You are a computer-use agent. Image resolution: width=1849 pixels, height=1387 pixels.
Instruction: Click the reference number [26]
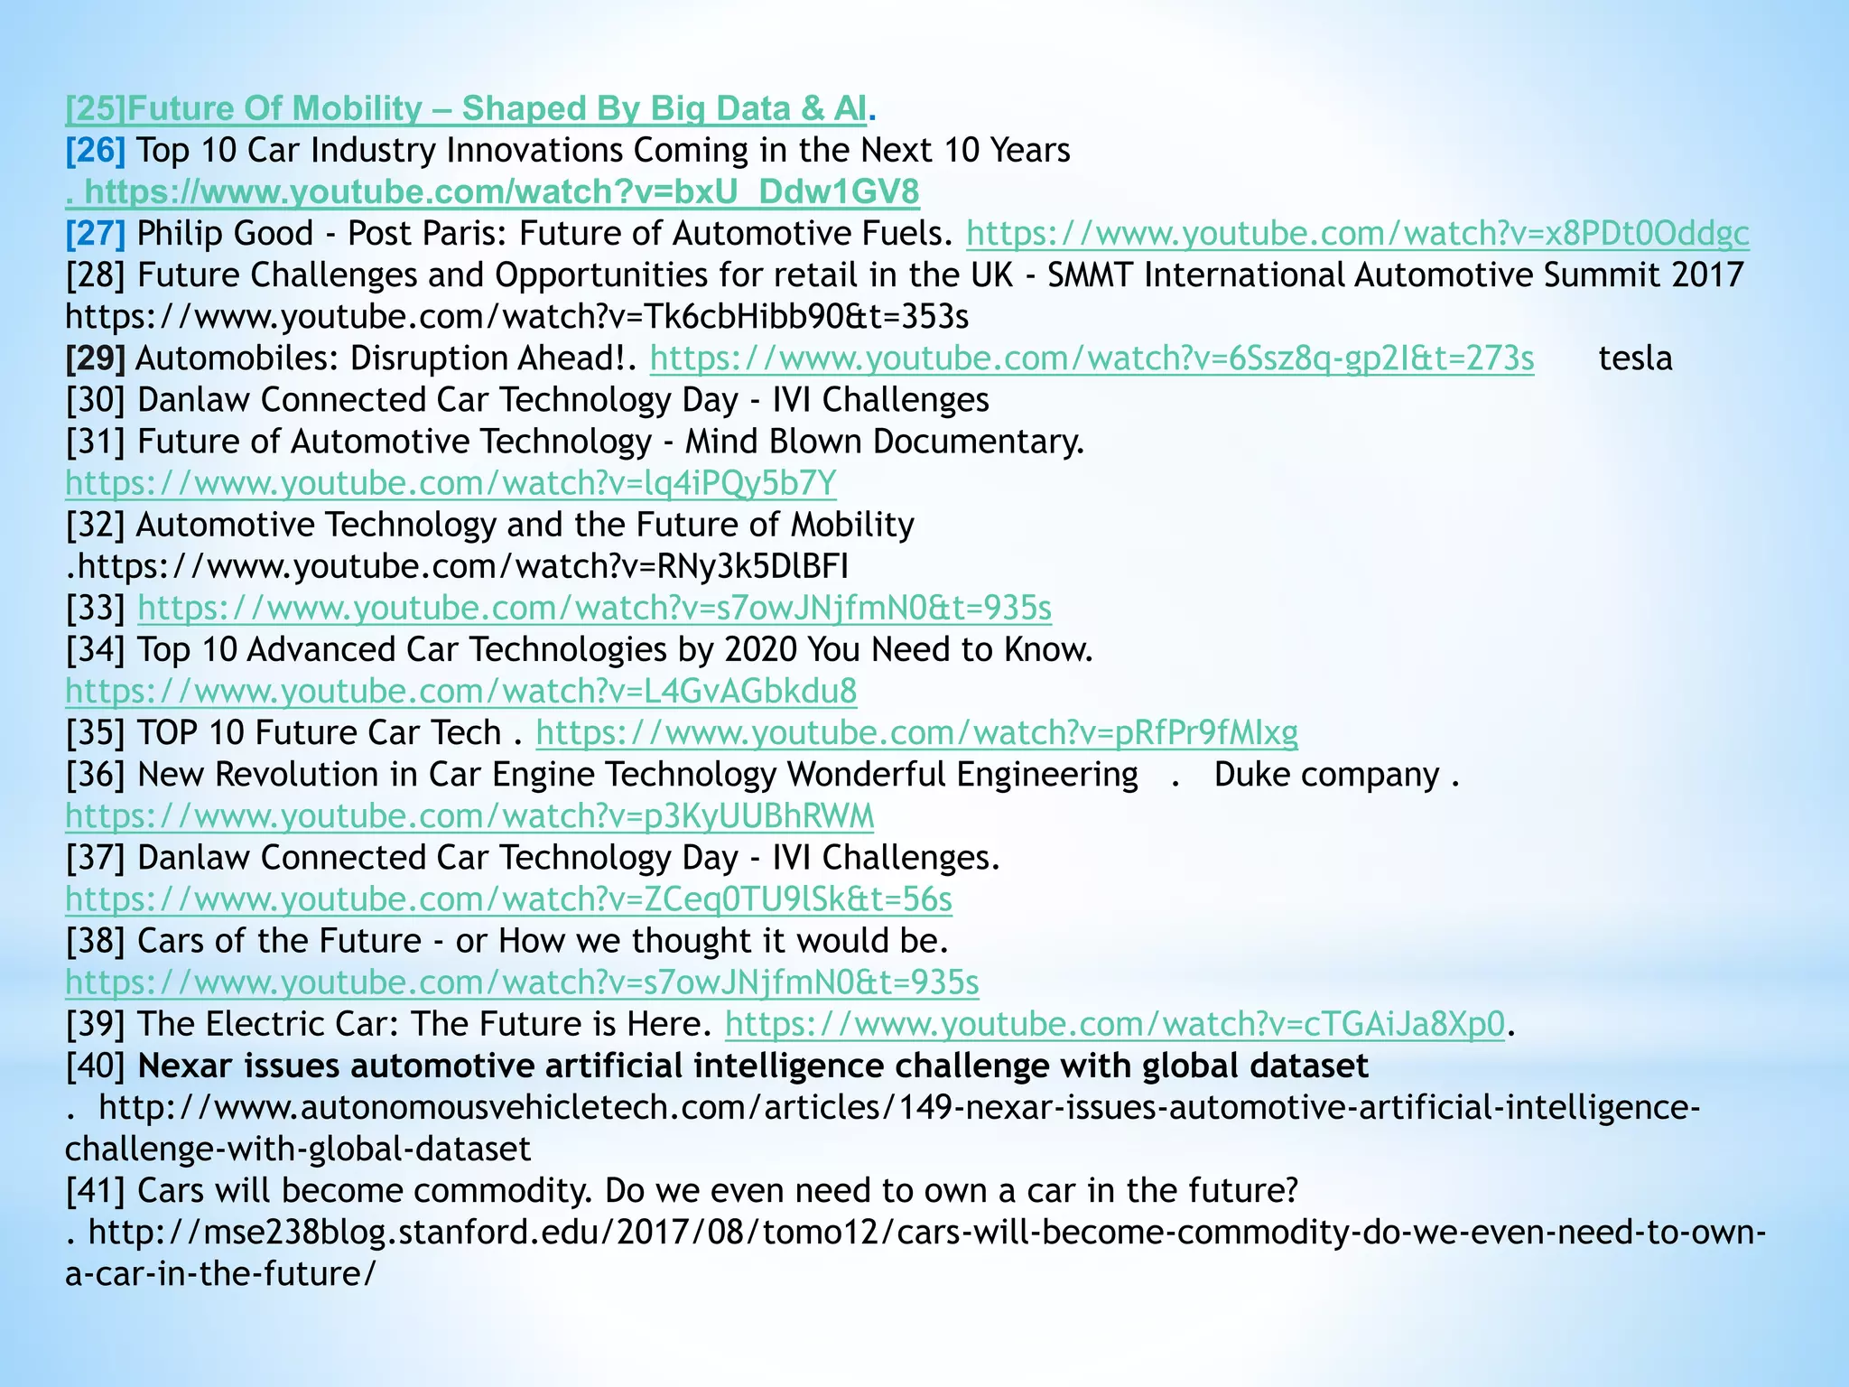point(95,150)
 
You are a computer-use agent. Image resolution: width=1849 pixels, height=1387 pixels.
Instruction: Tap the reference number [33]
point(95,608)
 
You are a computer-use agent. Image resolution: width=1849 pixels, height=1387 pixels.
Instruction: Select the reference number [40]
point(95,1066)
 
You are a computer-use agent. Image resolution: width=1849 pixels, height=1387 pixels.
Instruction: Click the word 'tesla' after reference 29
point(1635,358)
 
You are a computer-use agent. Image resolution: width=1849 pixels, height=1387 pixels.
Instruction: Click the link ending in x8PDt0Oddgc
point(1357,234)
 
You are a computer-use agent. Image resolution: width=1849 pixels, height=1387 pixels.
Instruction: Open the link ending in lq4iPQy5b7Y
point(451,483)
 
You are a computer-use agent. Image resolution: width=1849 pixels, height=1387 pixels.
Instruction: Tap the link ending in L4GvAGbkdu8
point(460,691)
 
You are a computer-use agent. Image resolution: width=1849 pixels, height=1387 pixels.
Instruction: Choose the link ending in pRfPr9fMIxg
point(916,732)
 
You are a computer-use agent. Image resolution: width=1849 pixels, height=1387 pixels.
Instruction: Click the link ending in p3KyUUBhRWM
point(469,816)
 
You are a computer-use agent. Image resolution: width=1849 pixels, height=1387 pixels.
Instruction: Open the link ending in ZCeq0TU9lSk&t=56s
point(508,899)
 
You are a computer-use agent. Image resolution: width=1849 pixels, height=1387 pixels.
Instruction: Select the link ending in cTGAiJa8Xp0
point(1115,1024)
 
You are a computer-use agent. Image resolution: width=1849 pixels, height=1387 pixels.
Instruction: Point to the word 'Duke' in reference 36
point(1250,775)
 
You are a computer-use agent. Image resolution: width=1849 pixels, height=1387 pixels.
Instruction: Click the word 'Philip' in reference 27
point(180,234)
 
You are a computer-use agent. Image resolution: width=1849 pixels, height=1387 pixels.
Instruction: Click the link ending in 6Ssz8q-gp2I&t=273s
point(1092,358)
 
